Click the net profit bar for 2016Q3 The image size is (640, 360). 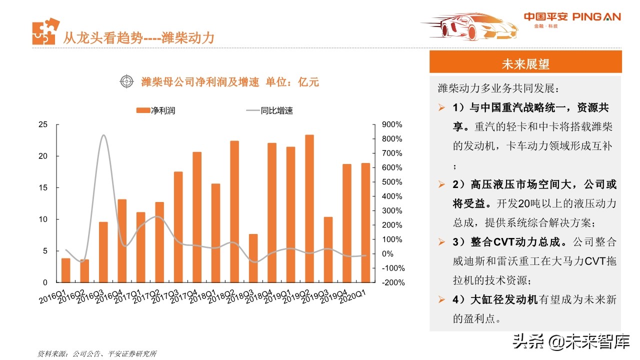tap(103, 252)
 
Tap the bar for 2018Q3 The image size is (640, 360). tap(253, 258)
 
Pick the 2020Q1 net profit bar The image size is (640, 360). tap(365, 223)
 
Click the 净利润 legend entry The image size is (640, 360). tap(155, 110)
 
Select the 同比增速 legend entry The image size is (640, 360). tap(269, 110)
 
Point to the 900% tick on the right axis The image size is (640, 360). tap(392, 124)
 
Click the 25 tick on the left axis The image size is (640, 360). tap(43, 124)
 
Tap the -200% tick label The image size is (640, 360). tap(393, 282)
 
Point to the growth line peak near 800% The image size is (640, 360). tap(103, 135)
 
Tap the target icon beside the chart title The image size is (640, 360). tap(127, 81)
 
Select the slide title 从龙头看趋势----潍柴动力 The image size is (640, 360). tap(138, 37)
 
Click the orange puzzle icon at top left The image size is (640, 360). tap(45, 31)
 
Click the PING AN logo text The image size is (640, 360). tap(596, 17)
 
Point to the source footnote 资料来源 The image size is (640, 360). tap(97, 353)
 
